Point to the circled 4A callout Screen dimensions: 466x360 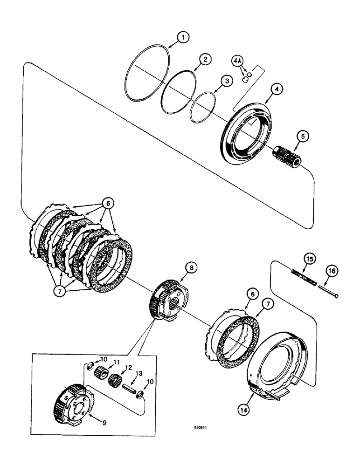237,61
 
